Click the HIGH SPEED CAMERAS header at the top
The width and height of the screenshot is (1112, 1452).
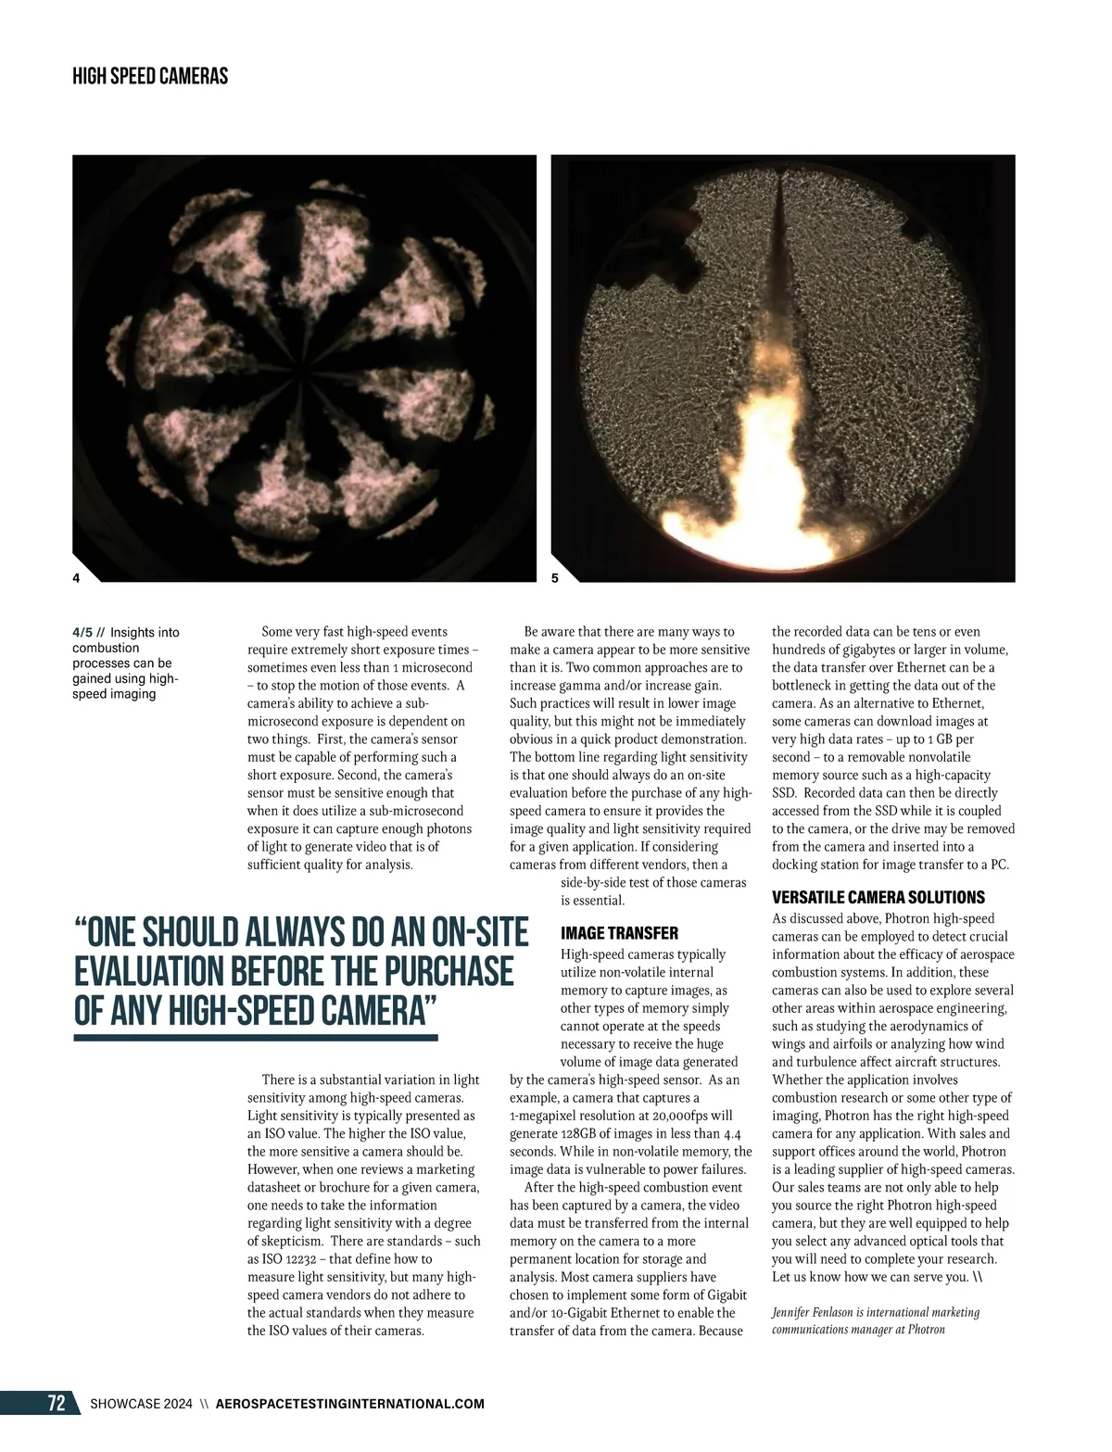[x=150, y=76]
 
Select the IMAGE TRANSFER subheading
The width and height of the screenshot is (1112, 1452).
[x=619, y=933]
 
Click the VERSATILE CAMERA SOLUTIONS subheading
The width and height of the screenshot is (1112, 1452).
[x=878, y=897]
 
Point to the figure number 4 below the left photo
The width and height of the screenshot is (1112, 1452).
[x=76, y=578]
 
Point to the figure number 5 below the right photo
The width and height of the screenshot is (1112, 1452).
[x=554, y=578]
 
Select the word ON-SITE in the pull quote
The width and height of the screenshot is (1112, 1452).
[x=464, y=932]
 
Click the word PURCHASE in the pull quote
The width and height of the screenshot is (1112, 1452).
[x=448, y=971]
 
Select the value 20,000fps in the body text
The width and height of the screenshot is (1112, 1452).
[x=676, y=1116]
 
